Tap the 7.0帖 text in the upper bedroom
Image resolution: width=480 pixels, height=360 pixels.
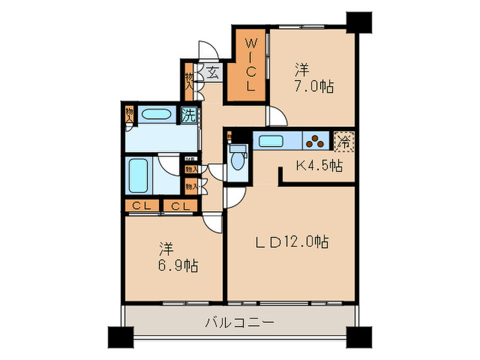tap(315, 87)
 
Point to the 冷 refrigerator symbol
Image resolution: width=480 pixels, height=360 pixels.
tap(344, 143)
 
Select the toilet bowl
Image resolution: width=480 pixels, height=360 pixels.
tap(237, 160)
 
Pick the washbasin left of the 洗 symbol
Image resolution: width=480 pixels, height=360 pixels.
tap(158, 115)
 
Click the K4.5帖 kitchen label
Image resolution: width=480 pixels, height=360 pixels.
tap(320, 165)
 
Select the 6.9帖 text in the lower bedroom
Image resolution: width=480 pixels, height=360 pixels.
tap(180, 265)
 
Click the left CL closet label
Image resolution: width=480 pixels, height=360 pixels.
tap(143, 206)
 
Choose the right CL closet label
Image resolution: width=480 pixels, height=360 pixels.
tap(180, 206)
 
